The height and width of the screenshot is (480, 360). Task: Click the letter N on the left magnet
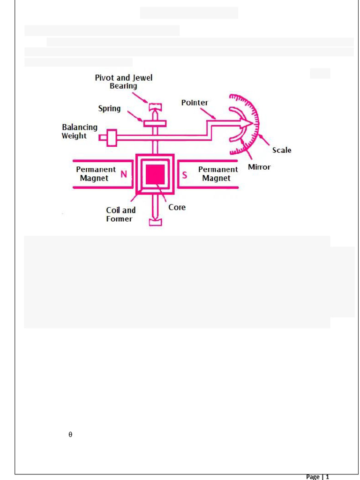(124, 174)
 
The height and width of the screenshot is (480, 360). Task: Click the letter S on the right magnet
(184, 175)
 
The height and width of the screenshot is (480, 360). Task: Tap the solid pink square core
(155, 174)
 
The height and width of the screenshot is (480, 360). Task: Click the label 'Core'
(177, 207)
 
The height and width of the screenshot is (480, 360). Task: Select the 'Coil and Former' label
(120, 214)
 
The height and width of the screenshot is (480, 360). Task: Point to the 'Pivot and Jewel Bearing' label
(124, 82)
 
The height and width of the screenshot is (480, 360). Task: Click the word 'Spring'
(109, 109)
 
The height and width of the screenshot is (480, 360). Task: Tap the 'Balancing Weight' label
(80, 131)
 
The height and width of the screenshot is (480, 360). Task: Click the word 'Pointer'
(195, 103)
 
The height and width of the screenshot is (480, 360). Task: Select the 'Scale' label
(282, 150)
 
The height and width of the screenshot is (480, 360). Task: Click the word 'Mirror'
(259, 167)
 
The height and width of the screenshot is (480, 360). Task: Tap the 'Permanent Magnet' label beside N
(96, 173)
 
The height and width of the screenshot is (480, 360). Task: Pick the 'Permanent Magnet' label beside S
(218, 173)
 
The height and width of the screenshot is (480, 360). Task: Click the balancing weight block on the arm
(112, 138)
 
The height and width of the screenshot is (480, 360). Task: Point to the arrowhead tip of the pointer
(253, 123)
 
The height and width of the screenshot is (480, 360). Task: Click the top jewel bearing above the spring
(155, 107)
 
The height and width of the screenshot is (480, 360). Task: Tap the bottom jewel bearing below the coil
(155, 222)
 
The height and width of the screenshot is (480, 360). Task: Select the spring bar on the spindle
(155, 123)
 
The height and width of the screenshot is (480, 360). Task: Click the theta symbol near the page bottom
(70, 435)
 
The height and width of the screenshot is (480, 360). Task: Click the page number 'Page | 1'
(317, 476)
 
